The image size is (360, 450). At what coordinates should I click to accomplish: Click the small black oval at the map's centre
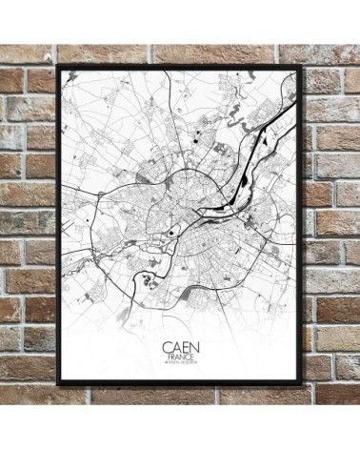click(172, 230)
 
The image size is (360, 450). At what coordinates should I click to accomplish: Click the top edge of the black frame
click(181, 66)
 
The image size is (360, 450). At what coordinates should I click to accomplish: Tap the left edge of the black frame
click(59, 224)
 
